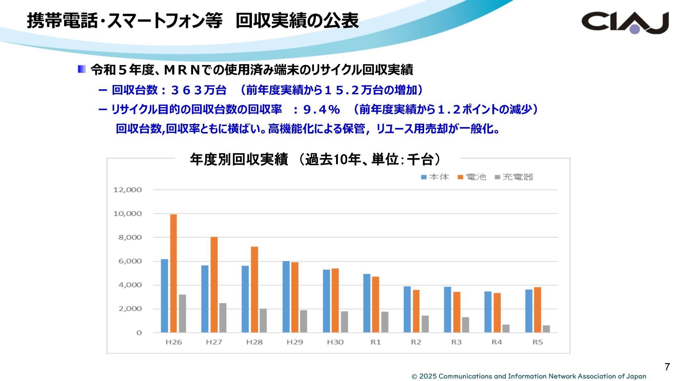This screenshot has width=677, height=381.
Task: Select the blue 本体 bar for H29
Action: (286, 297)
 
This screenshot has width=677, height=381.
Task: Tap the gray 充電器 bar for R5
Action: (546, 329)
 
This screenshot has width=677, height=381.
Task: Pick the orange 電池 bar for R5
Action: (538, 310)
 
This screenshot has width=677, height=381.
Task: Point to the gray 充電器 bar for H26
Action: (182, 313)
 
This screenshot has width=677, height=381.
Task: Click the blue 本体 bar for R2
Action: (407, 309)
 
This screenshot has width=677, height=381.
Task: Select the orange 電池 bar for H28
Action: (254, 289)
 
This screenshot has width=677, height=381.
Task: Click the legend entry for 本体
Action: (435, 177)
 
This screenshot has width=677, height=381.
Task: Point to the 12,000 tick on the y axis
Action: (128, 190)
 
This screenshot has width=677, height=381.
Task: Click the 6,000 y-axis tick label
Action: (128, 261)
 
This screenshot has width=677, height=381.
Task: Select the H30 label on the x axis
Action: (335, 342)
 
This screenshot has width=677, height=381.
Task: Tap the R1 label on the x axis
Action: (376, 342)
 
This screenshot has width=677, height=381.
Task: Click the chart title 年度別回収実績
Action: (239, 160)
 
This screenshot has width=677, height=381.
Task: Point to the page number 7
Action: (667, 367)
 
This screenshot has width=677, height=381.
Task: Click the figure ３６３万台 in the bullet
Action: (199, 90)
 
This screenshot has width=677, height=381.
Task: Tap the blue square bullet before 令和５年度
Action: (82, 69)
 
